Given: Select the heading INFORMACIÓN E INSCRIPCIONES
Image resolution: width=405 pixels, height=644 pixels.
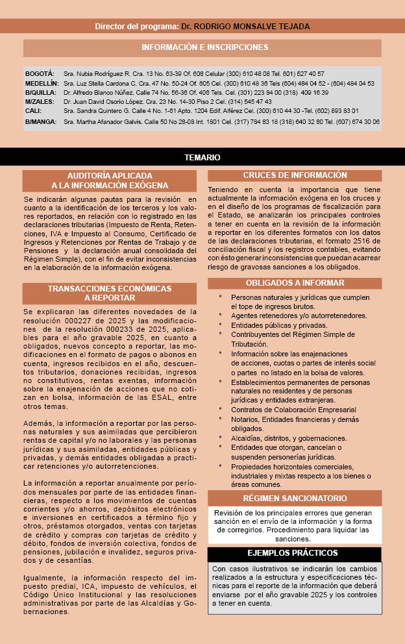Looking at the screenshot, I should click(x=204, y=47).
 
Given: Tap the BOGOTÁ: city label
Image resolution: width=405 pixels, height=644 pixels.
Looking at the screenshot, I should click(x=40, y=74).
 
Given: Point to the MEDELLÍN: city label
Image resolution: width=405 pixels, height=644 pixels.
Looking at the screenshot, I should click(x=42, y=84).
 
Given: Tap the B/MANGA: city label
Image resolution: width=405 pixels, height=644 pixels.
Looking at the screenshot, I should click(x=41, y=121).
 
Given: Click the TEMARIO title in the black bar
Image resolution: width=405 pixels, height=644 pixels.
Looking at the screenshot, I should click(x=202, y=158).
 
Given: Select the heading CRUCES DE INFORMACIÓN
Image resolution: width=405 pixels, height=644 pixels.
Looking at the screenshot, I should click(x=295, y=175).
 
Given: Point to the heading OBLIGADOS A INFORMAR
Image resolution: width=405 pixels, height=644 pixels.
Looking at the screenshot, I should click(x=295, y=283).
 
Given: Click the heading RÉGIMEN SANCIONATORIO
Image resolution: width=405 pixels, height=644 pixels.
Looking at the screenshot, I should click(x=295, y=499).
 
